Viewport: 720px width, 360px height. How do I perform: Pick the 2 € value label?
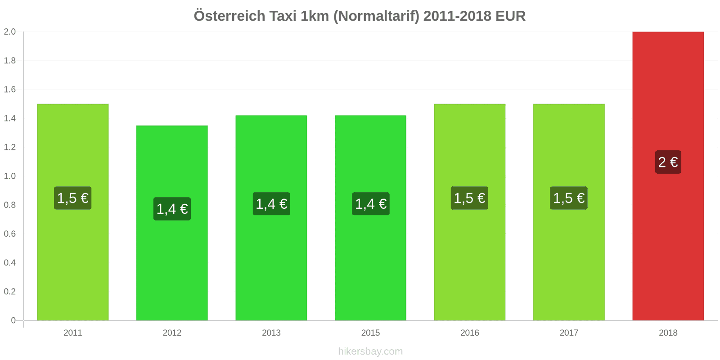coord(668,162)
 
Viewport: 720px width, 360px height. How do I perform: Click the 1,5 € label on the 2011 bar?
coord(72,198)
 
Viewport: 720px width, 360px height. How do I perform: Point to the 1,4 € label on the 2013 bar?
coord(271,204)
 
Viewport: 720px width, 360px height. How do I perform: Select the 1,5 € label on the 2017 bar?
coord(569,198)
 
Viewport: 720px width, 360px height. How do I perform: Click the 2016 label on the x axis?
coord(469,333)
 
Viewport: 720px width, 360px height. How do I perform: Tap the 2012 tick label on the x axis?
coord(172,333)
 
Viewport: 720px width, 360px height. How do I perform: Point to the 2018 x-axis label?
coord(668,333)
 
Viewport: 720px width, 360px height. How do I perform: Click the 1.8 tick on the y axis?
coord(10,60)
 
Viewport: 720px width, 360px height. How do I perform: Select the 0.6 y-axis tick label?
coord(10,234)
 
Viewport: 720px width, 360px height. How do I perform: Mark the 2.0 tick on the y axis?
coord(10,31)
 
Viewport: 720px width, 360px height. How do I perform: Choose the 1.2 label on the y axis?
coord(10,147)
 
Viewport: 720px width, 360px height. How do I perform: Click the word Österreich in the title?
coord(229,16)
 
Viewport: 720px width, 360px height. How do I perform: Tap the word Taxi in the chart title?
coord(283,16)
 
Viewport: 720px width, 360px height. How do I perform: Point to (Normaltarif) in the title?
coord(376,16)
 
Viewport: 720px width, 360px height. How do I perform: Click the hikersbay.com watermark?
coord(370,351)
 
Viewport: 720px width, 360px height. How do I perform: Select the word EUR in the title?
coord(510,16)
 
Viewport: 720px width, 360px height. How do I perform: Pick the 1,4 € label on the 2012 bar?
coord(172,209)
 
